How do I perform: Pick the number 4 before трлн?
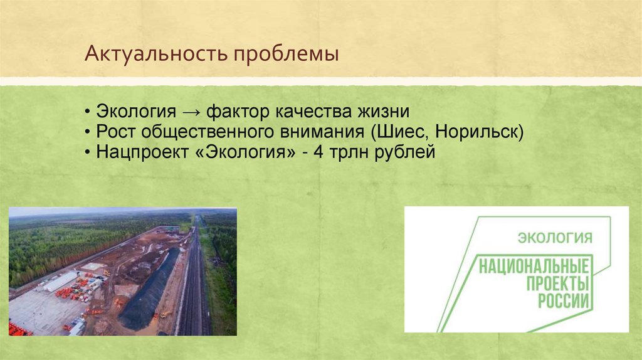click(318, 152)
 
